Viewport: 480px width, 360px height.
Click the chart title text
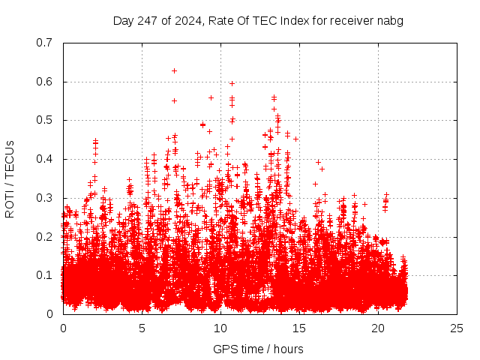click(x=258, y=20)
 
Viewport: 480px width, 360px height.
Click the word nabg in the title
click(x=391, y=20)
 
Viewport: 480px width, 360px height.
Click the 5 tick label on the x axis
click(x=142, y=328)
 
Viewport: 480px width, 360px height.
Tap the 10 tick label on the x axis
click(x=220, y=328)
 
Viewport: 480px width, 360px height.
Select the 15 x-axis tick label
click(x=299, y=328)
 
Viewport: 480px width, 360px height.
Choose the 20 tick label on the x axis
click(x=378, y=328)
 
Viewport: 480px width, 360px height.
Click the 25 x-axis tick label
click(x=457, y=328)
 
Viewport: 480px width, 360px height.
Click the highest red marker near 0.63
click(x=174, y=70)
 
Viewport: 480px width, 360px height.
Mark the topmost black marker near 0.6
click(x=232, y=83)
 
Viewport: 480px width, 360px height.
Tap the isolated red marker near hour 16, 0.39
click(x=318, y=162)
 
